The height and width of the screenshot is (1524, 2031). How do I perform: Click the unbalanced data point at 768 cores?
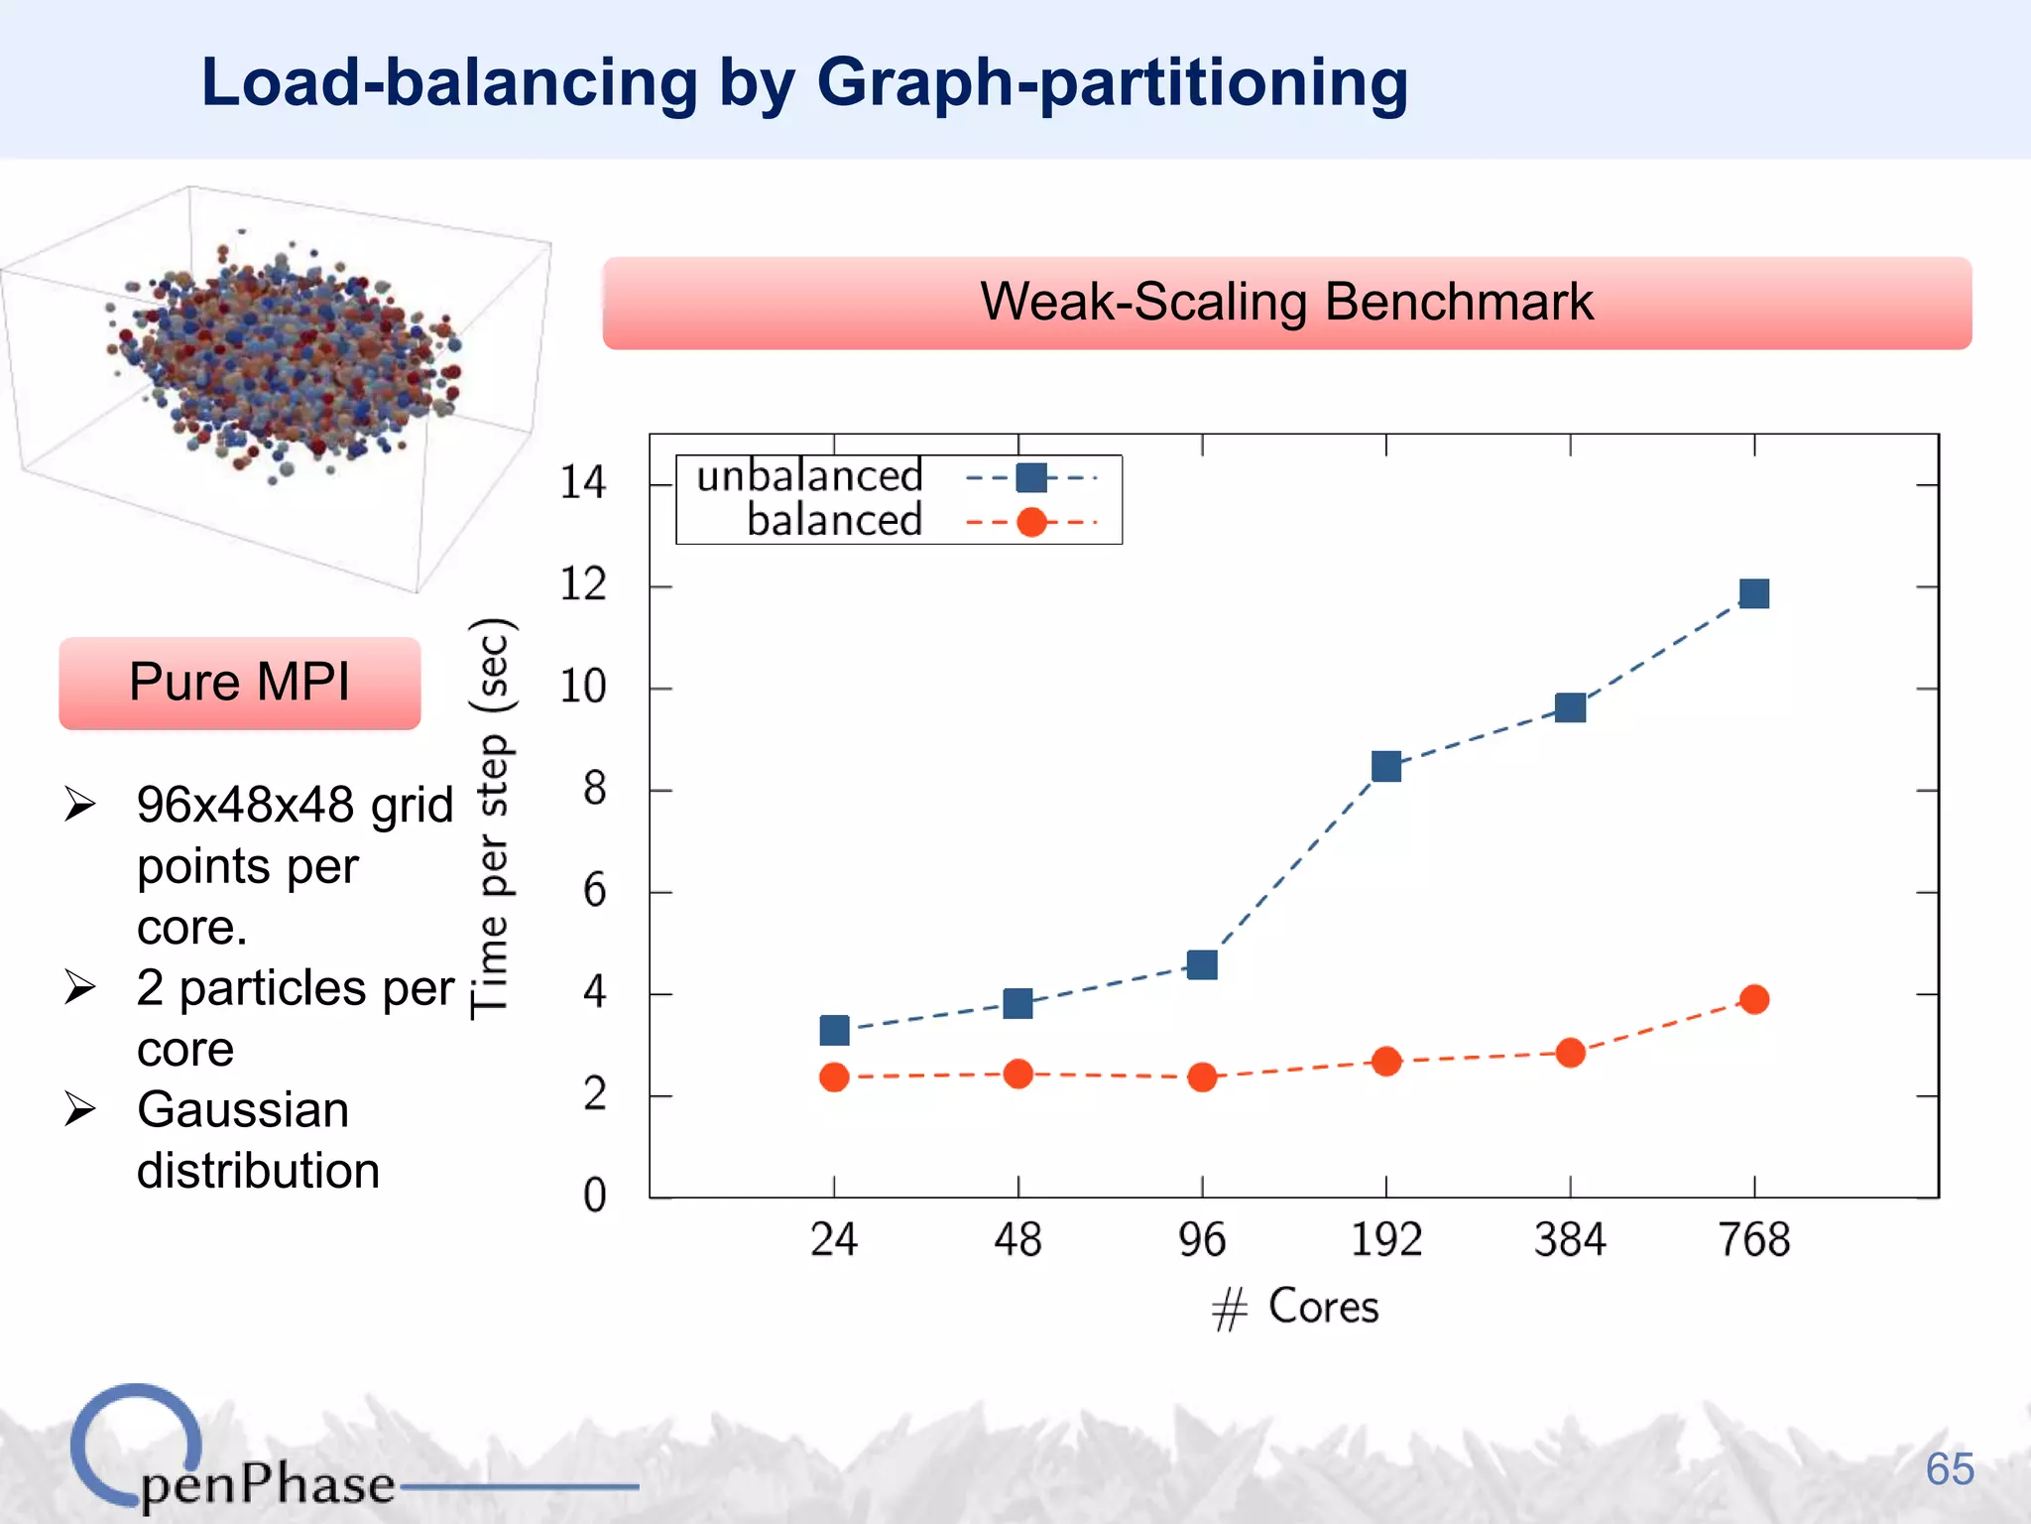[1753, 593]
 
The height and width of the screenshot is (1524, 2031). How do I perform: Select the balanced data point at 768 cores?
[1753, 999]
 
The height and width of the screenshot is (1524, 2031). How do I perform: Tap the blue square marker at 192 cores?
[1385, 766]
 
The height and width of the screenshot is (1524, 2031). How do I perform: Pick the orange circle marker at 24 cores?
[834, 1077]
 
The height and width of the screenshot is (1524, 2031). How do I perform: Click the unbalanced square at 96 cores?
[1202, 964]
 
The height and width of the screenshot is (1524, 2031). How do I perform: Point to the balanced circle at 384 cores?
[1570, 1053]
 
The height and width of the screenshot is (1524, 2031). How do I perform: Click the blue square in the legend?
[1031, 477]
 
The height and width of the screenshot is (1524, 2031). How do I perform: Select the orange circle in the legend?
[1031, 522]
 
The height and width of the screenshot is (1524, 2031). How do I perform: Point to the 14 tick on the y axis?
[582, 483]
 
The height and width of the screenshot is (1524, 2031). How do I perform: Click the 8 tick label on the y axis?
[594, 790]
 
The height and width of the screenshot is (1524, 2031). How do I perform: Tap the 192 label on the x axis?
[1385, 1240]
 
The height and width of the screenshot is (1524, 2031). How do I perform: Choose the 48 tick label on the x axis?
[1017, 1240]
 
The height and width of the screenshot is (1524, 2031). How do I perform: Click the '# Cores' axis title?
[1295, 1307]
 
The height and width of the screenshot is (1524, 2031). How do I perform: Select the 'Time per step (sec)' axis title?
[491, 819]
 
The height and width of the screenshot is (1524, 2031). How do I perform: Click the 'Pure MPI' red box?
[240, 683]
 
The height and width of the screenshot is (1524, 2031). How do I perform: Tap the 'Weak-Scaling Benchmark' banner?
[1286, 303]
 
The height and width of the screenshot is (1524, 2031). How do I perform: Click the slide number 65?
[1949, 1468]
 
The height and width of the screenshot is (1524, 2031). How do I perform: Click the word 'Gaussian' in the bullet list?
[243, 1109]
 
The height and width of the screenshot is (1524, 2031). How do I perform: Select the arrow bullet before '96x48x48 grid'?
[80, 804]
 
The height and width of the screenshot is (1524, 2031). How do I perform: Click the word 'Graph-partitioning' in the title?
[1112, 82]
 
